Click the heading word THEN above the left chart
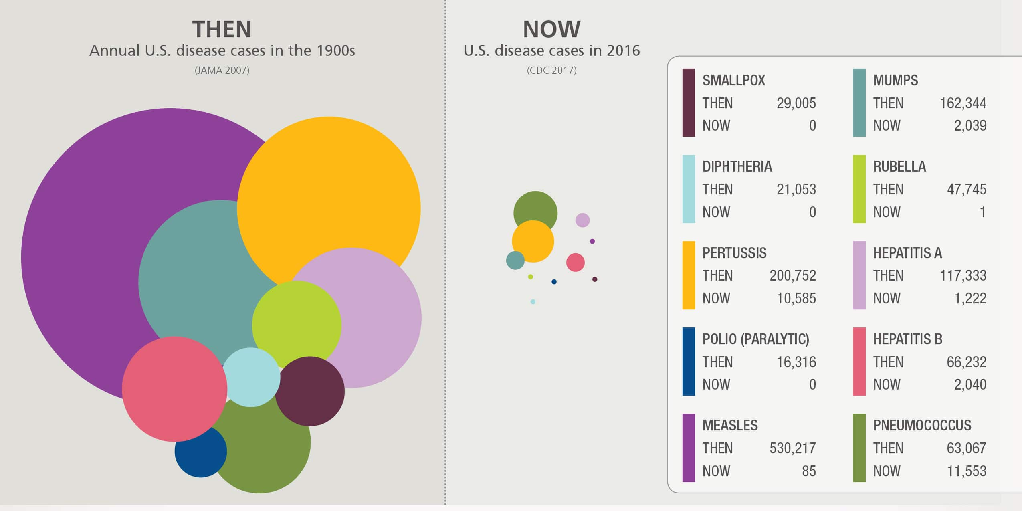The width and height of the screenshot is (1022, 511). click(x=222, y=29)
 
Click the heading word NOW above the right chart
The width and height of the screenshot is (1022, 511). click(x=551, y=29)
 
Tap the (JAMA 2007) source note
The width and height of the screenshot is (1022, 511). click(x=222, y=71)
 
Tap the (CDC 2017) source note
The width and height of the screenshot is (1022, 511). click(x=551, y=71)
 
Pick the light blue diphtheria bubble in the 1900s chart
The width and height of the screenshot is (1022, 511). click(x=251, y=377)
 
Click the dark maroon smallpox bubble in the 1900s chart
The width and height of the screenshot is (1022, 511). click(x=310, y=392)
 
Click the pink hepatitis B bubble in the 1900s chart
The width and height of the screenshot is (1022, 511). click(x=175, y=389)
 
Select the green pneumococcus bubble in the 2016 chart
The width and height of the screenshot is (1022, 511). click(x=535, y=206)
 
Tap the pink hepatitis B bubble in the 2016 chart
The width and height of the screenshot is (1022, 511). click(x=576, y=263)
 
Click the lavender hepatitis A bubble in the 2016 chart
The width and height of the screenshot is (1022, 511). click(x=583, y=220)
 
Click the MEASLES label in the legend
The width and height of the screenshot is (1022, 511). click(x=730, y=425)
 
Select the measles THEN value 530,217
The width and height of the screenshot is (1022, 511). click(x=792, y=448)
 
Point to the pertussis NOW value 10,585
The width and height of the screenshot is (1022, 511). click(x=796, y=298)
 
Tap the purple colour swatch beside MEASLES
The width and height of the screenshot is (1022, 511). click(x=689, y=448)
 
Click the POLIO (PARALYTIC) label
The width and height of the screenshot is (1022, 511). click(x=755, y=339)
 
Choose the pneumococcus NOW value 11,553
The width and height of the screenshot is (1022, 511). click(x=966, y=471)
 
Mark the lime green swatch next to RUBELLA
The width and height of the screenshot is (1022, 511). click(x=859, y=189)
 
